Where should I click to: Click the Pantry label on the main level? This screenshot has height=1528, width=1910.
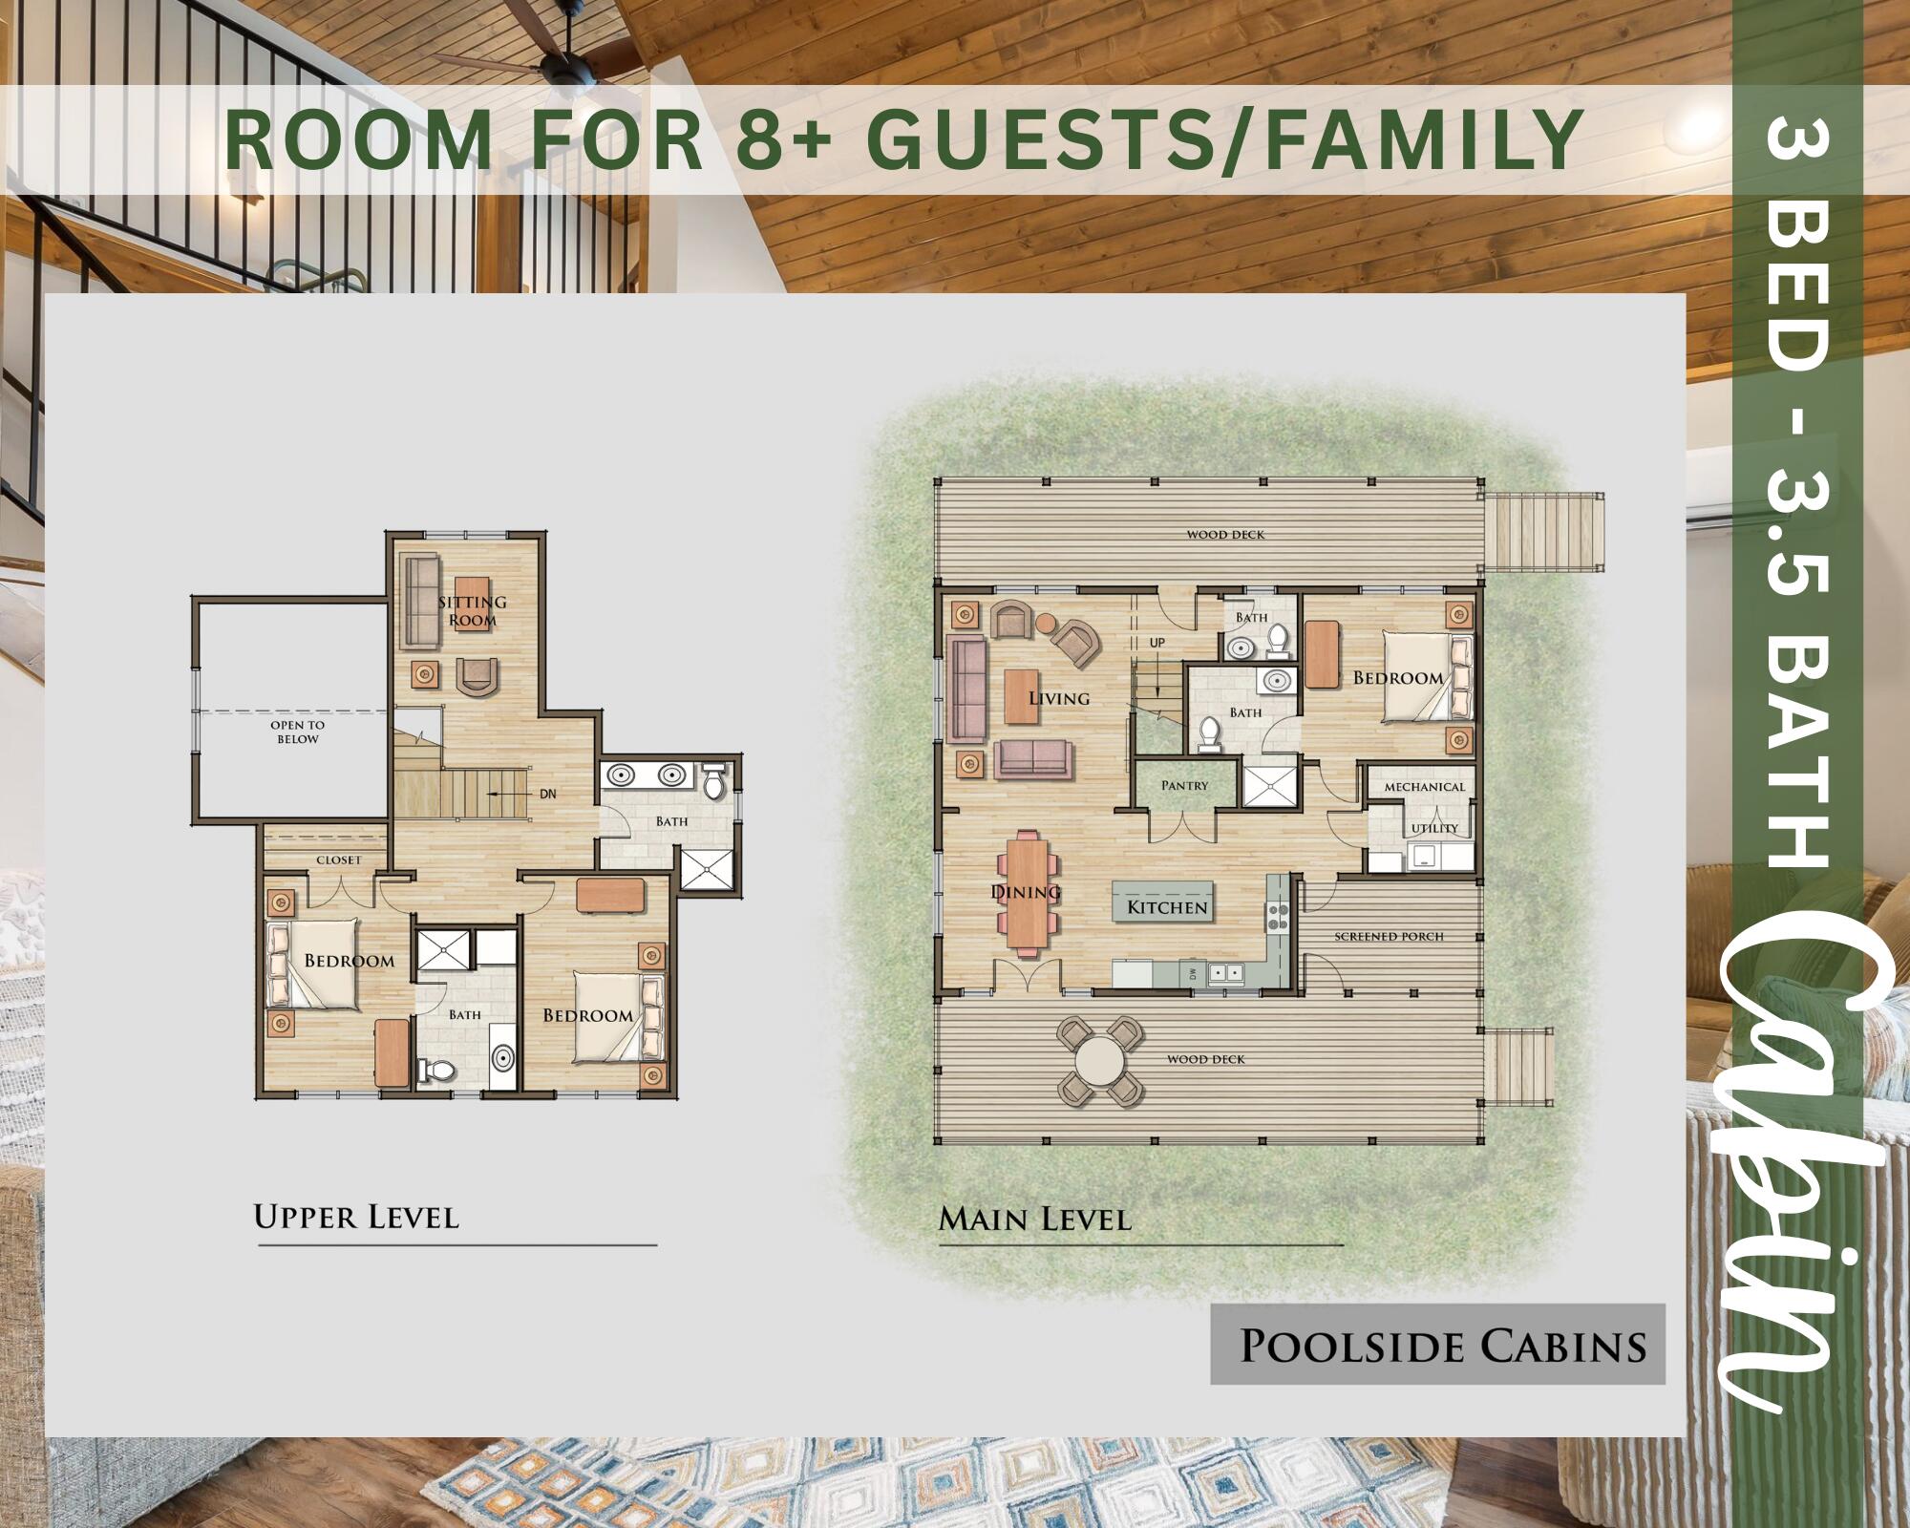[1185, 786]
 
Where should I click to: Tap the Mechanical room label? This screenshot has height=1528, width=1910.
[1424, 787]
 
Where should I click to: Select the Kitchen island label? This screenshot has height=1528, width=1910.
[1167, 907]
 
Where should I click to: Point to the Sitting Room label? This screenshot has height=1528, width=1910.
[473, 611]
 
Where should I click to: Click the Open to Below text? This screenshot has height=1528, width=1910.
[298, 732]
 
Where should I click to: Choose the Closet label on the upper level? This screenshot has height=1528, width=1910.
[339, 859]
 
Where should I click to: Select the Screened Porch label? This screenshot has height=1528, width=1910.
[1389, 936]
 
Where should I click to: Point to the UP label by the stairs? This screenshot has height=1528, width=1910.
[1157, 643]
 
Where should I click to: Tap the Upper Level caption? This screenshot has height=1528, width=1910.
[356, 1217]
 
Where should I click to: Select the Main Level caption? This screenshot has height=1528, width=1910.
[1035, 1219]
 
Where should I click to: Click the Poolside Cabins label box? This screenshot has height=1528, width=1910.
[1438, 1344]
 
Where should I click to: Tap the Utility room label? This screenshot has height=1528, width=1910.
[1435, 828]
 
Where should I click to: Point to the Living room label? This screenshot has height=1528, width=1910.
[1059, 698]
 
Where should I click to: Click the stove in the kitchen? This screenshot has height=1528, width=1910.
[1277, 917]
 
